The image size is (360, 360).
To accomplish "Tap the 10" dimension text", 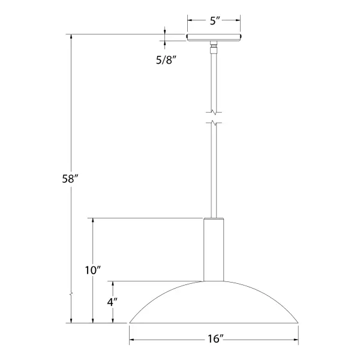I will (x=92, y=271).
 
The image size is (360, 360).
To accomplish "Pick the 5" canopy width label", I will (x=214, y=20).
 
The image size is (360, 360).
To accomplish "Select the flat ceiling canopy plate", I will (x=214, y=38).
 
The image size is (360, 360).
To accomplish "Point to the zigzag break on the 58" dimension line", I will (x=71, y=295).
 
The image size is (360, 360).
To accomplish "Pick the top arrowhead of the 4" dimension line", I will (x=112, y=284).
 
